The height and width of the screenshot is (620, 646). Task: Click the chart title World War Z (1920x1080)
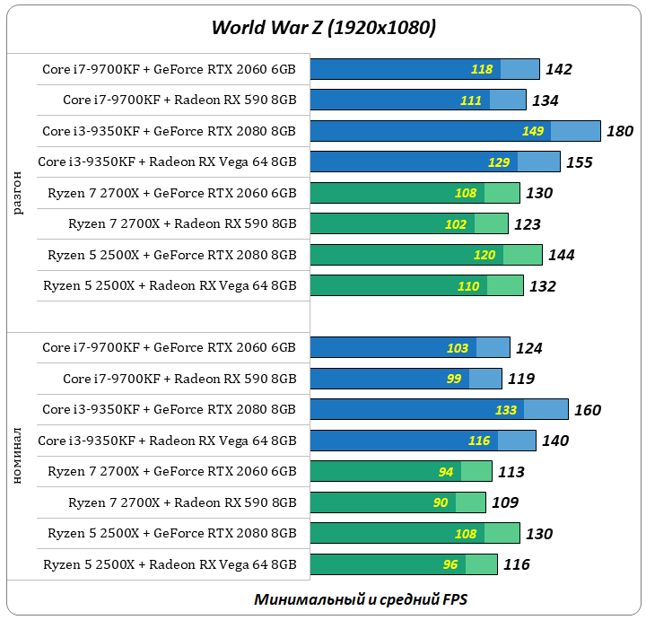pyautogui.click(x=323, y=28)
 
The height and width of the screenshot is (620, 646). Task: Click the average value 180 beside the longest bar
pyautogui.click(x=620, y=131)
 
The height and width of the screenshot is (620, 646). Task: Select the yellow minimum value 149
pyautogui.click(x=533, y=131)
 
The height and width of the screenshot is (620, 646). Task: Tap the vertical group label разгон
pyautogui.click(x=19, y=194)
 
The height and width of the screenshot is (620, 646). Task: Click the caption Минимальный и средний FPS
pyautogui.click(x=361, y=598)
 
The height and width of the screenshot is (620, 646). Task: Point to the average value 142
pyautogui.click(x=558, y=69)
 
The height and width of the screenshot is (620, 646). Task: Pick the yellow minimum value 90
pyautogui.click(x=441, y=502)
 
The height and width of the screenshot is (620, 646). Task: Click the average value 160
pyautogui.click(x=588, y=410)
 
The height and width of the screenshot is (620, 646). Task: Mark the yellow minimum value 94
pyautogui.click(x=446, y=472)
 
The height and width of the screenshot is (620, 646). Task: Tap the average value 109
pyautogui.click(x=505, y=502)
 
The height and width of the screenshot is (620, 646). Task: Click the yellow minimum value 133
pyautogui.click(x=506, y=410)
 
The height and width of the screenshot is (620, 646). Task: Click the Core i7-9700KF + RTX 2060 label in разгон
pyautogui.click(x=169, y=69)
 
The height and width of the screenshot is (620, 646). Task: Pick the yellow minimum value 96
pyautogui.click(x=450, y=564)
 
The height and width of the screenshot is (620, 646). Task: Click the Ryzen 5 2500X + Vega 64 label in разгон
pyautogui.click(x=170, y=286)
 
